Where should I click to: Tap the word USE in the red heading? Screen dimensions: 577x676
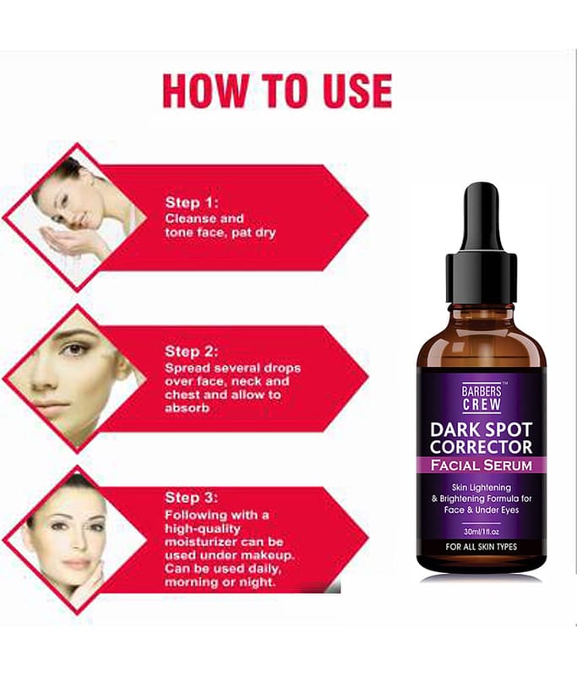click(353, 91)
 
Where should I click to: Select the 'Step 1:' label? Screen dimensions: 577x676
click(192, 203)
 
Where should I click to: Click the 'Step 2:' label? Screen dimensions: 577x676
click(191, 352)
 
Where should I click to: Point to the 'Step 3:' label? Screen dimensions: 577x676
click(191, 498)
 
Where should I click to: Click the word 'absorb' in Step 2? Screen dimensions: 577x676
click(187, 408)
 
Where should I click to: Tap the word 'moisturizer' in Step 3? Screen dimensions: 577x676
click(201, 542)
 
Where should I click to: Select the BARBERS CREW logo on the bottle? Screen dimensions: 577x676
click(482, 397)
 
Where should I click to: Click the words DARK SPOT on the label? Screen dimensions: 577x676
click(482, 430)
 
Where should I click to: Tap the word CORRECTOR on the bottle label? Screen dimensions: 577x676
click(482, 447)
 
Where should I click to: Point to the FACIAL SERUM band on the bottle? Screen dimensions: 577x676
click(482, 466)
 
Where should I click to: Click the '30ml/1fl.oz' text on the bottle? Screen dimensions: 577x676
click(482, 532)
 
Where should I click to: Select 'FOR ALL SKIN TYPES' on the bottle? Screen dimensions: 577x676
click(482, 547)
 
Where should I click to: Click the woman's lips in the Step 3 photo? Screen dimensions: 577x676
click(78, 563)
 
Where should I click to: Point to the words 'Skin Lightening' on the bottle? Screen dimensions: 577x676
click(482, 488)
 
